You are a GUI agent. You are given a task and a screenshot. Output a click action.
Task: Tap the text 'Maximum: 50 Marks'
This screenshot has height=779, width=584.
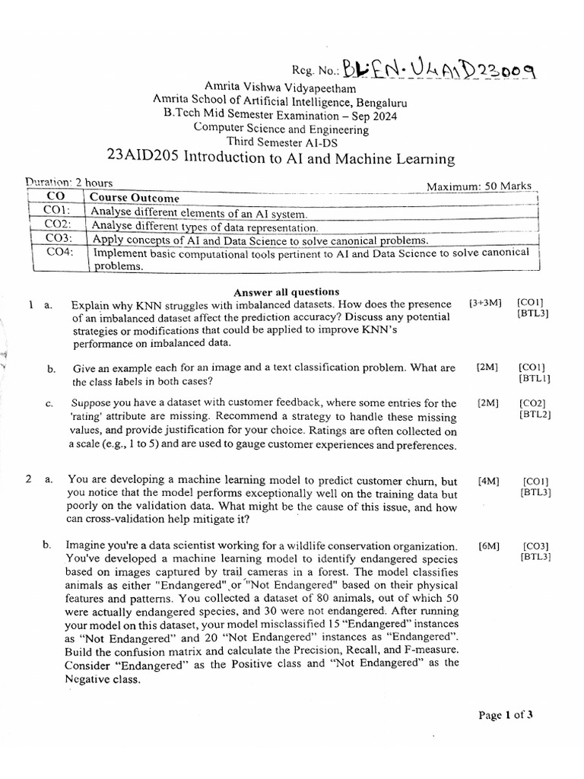[x=478, y=186]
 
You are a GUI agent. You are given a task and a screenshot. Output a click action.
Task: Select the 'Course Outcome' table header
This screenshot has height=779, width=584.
[x=135, y=198]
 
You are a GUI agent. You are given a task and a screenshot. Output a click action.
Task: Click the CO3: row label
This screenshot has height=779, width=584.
[x=57, y=239]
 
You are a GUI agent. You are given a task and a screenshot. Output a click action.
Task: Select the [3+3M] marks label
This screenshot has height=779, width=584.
[x=486, y=304]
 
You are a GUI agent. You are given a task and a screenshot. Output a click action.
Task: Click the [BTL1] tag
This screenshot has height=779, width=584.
[x=535, y=378]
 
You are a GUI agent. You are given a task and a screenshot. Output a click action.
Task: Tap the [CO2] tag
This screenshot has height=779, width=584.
[x=532, y=403]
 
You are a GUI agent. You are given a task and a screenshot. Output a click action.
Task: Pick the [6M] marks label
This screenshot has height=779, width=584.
[x=489, y=546]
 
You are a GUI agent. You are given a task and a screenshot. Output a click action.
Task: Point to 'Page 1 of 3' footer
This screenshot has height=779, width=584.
[x=505, y=714]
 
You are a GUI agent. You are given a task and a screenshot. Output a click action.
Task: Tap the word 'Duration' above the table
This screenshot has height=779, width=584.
[x=48, y=183]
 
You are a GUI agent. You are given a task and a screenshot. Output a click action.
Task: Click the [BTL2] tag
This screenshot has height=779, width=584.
[x=535, y=415]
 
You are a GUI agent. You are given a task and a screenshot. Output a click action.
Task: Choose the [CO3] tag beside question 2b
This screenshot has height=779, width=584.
[x=536, y=546]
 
